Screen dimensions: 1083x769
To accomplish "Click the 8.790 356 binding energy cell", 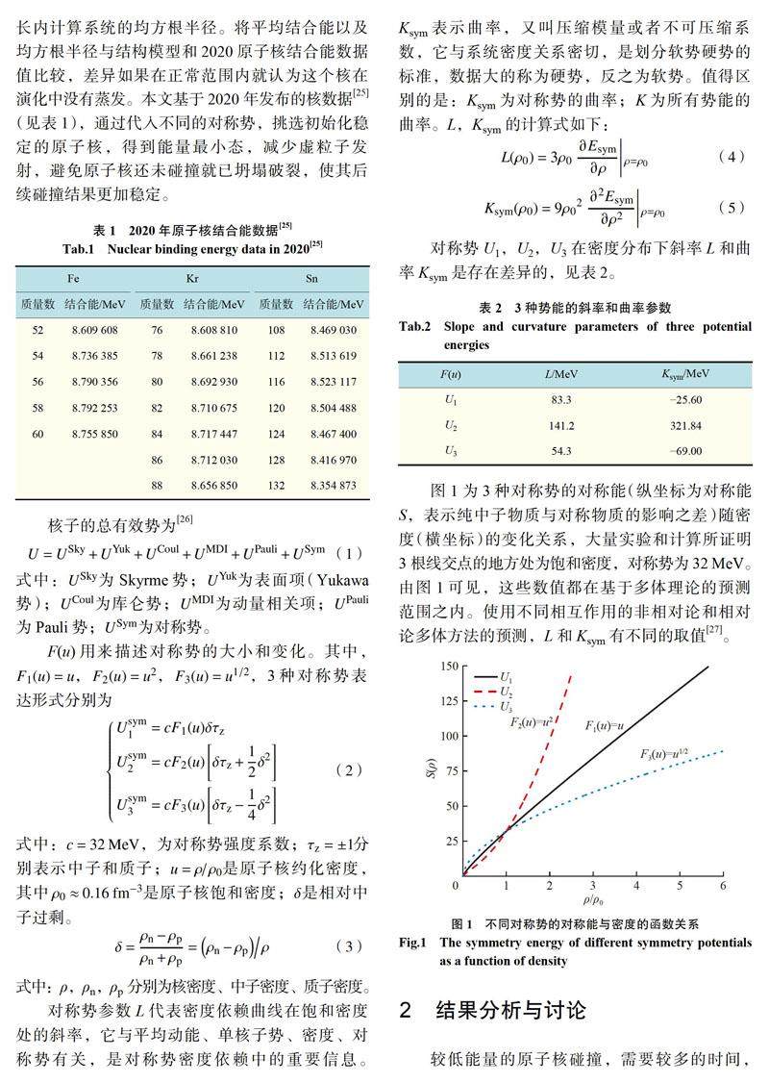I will [x=91, y=382].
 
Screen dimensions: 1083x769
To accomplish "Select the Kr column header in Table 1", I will [x=191, y=279].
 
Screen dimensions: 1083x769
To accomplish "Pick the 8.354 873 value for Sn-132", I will [x=333, y=486].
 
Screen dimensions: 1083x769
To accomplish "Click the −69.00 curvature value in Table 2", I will [x=682, y=450].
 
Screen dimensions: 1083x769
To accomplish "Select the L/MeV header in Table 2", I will [x=561, y=372].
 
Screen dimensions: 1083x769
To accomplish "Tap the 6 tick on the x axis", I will [x=722, y=886].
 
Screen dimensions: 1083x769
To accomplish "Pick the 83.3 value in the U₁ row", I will [x=561, y=399].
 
